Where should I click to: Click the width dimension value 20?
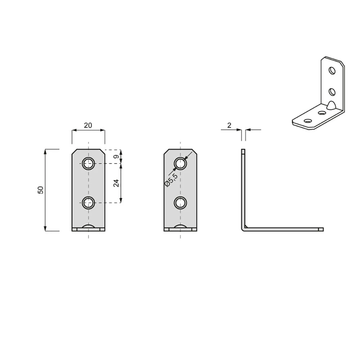point(88,125)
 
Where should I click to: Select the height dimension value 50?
point(40,190)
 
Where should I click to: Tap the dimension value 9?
point(116,157)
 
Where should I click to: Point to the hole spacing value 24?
point(116,183)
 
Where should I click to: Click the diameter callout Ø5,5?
point(171,180)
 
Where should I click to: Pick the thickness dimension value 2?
point(229,125)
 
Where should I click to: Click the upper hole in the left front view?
point(89,164)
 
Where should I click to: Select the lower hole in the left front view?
point(89,203)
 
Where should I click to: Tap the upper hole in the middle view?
point(180,164)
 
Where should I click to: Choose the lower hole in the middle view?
point(180,203)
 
